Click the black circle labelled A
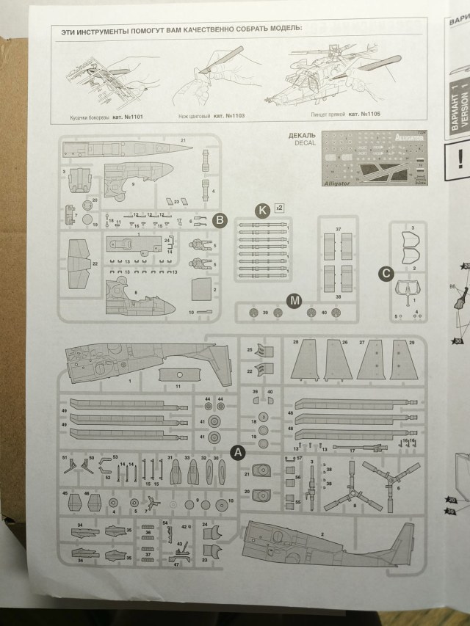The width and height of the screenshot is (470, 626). (237, 453)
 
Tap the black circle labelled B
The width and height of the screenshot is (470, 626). (219, 219)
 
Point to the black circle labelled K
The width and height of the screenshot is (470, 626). (262, 211)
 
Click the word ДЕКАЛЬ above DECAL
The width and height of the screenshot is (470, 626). (303, 136)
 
